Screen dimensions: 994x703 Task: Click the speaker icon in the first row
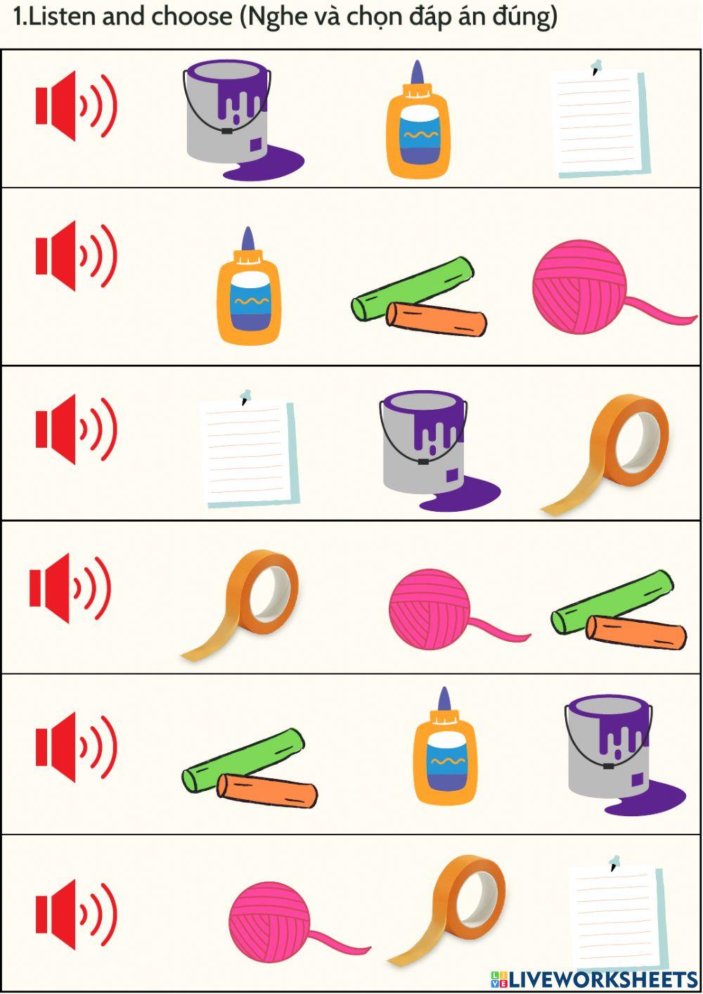pos(75,107)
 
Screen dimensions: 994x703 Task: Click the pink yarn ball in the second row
pos(580,287)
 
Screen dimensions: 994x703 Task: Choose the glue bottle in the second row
pos(248,292)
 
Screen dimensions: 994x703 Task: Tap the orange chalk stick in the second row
pos(437,320)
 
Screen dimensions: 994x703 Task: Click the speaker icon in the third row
pos(75,429)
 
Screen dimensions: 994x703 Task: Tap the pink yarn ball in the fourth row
pos(430,609)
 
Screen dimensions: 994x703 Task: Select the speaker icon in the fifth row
pos(75,747)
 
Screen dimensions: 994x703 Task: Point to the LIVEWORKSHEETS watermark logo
pos(595,979)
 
